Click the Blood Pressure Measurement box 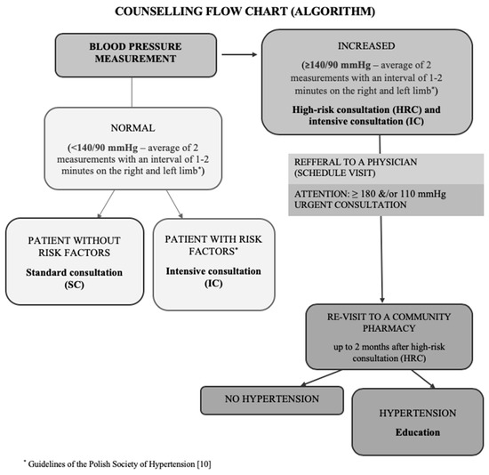point(136,55)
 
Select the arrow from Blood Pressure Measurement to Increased point(239,54)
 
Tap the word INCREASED point(366,46)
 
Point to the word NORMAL point(132,128)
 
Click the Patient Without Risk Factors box point(75,262)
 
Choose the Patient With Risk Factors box point(213,264)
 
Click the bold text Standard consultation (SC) point(74,278)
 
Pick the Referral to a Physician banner point(386,169)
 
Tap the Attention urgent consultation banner point(386,200)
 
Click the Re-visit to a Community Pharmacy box point(389,337)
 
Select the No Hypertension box point(272,400)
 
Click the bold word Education point(418,432)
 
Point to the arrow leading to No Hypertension point(321,378)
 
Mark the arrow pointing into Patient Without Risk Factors point(106,204)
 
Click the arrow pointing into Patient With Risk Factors point(174,204)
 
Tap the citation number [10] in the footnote point(204,464)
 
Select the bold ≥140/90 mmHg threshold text point(336,65)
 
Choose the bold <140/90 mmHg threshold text point(102,148)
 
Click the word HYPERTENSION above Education point(418,414)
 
